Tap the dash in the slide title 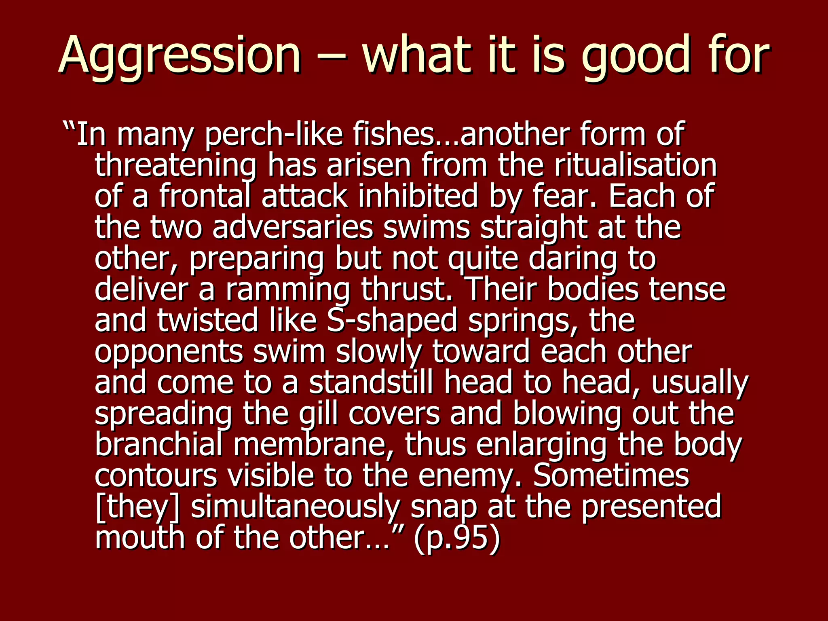(331, 57)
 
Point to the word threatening (175, 166)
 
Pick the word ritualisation (635, 166)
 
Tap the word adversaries (293, 228)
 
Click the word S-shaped (392, 321)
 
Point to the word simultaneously (295, 507)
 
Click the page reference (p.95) (457, 538)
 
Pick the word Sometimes (611, 476)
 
